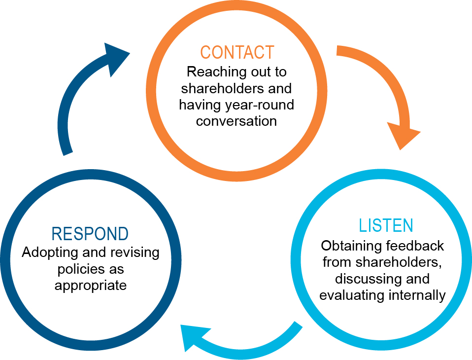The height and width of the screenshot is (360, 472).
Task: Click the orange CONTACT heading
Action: [x=236, y=52]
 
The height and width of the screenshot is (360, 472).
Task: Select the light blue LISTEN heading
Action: [x=386, y=225]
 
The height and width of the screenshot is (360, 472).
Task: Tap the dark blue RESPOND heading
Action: [x=90, y=234]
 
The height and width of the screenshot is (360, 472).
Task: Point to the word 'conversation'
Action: [x=236, y=121]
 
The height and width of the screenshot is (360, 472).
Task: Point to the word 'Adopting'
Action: [x=46, y=253]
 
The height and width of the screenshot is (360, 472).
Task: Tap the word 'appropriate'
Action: [x=91, y=286]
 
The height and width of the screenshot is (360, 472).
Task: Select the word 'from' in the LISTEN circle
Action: [x=334, y=262]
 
